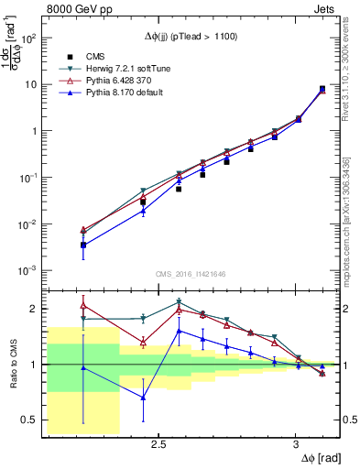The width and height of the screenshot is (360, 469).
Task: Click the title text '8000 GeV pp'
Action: pyautogui.click(x=74, y=10)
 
